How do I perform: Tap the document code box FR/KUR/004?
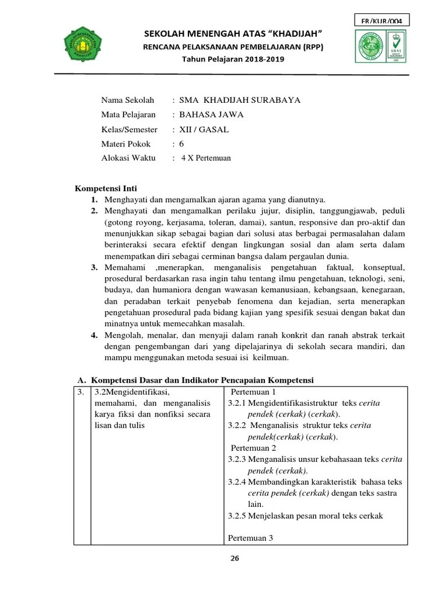381,21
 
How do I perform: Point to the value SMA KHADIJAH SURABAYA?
240,100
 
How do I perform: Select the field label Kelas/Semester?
129,129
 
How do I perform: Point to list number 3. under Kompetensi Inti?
94,267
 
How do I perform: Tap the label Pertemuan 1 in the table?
254,392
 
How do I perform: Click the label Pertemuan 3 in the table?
251,537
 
